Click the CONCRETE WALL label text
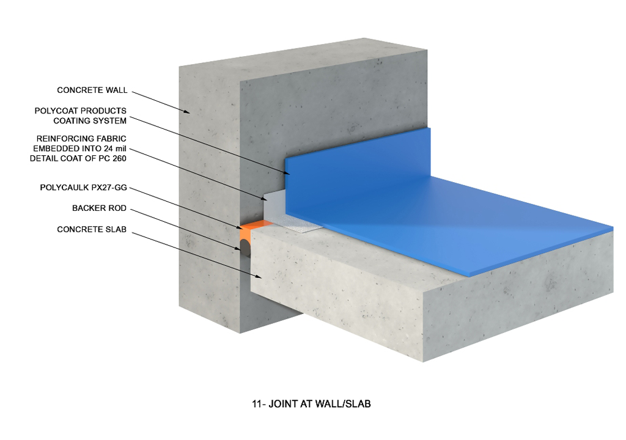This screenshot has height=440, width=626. click(x=92, y=90)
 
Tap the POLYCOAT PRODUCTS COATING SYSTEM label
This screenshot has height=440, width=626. click(x=81, y=116)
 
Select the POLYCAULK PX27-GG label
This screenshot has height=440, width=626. click(x=83, y=187)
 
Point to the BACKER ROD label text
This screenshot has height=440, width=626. click(x=100, y=208)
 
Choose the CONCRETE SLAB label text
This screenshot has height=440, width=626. click(x=92, y=229)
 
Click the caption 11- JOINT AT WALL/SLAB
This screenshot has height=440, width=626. click(x=311, y=404)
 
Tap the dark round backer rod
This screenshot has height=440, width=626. click(x=245, y=248)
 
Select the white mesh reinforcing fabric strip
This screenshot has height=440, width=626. click(x=295, y=224)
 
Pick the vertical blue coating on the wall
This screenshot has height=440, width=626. click(x=357, y=167)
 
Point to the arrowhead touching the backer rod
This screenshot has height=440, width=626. click(x=238, y=249)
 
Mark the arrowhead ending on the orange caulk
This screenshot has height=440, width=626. click(x=240, y=227)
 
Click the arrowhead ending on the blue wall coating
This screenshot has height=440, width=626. click(x=287, y=172)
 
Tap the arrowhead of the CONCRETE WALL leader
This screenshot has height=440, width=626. click(x=187, y=112)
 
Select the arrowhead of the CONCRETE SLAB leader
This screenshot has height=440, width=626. click(x=259, y=276)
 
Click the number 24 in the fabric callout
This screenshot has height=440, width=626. click(x=109, y=148)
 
